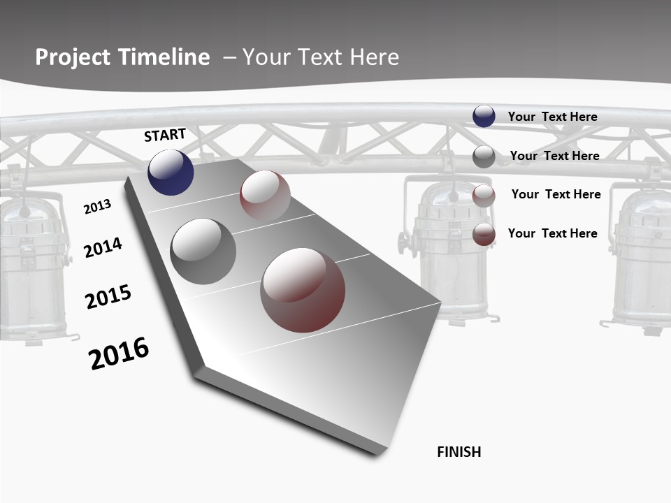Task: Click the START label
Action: (x=165, y=135)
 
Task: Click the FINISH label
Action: (x=459, y=452)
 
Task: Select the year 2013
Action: (x=97, y=207)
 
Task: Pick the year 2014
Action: (x=103, y=247)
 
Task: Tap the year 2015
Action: (x=108, y=297)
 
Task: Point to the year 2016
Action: (x=119, y=353)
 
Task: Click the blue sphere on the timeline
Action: (x=171, y=173)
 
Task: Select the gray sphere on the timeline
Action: (x=203, y=251)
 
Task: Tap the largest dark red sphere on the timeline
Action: (x=303, y=290)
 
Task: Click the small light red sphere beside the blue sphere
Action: (x=265, y=195)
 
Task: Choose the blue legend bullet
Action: (x=484, y=116)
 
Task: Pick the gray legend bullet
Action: (x=484, y=156)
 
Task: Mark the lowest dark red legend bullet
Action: (x=484, y=234)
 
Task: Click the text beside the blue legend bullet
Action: (x=552, y=117)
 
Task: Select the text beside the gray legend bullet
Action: (x=554, y=156)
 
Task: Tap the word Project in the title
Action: (x=73, y=57)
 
